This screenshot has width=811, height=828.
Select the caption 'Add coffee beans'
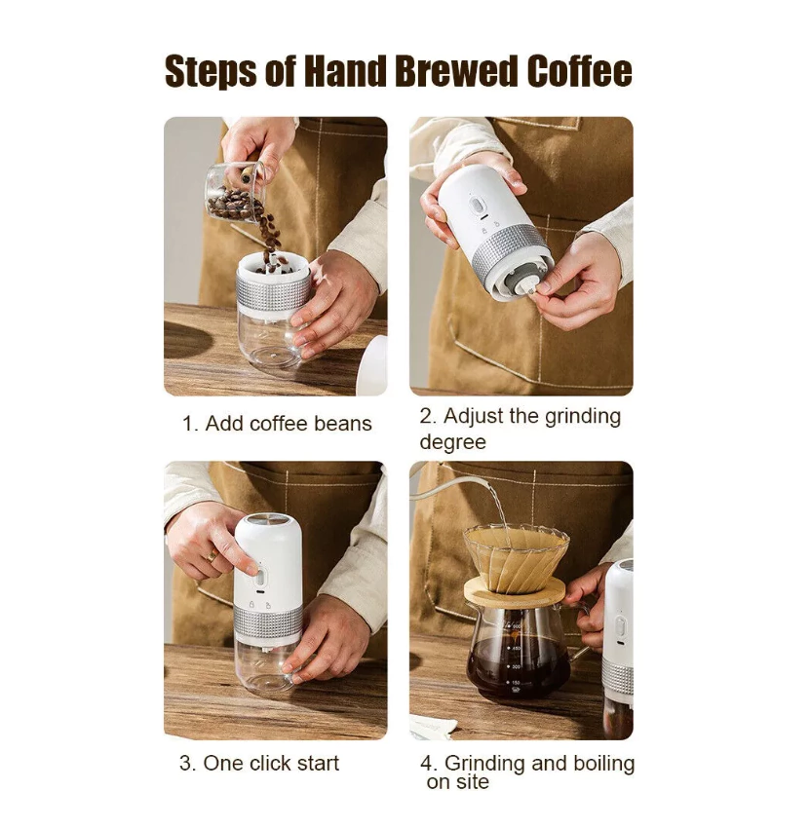pos(289,424)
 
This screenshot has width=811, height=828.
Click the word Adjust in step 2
pos(473,417)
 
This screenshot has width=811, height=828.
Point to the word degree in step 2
pos(453,442)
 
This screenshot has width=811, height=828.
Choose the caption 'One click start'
pos(271,763)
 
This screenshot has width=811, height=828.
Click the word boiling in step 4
pos(604,764)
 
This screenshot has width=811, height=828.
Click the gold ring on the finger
pos(212,555)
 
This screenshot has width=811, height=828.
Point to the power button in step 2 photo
pos(477,206)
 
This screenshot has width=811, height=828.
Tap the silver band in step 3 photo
pos(268,623)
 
